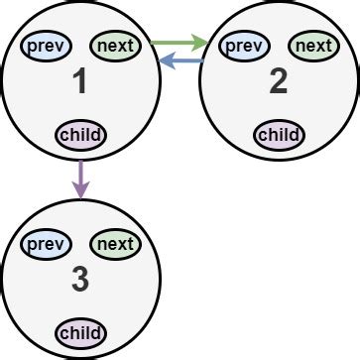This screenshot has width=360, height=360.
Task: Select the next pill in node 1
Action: [x=115, y=45]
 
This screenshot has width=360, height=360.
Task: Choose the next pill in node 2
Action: [x=313, y=45]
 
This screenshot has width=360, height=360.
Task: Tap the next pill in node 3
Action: [x=115, y=244]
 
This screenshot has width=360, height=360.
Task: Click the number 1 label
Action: [x=80, y=84]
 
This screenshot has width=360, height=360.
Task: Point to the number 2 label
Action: [x=279, y=84]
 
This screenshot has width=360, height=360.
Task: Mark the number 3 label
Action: [x=80, y=283]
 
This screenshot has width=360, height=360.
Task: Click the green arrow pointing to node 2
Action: [x=179, y=43]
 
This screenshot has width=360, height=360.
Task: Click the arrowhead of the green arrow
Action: [x=201, y=43]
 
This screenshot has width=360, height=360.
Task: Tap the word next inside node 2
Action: [x=313, y=45]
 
